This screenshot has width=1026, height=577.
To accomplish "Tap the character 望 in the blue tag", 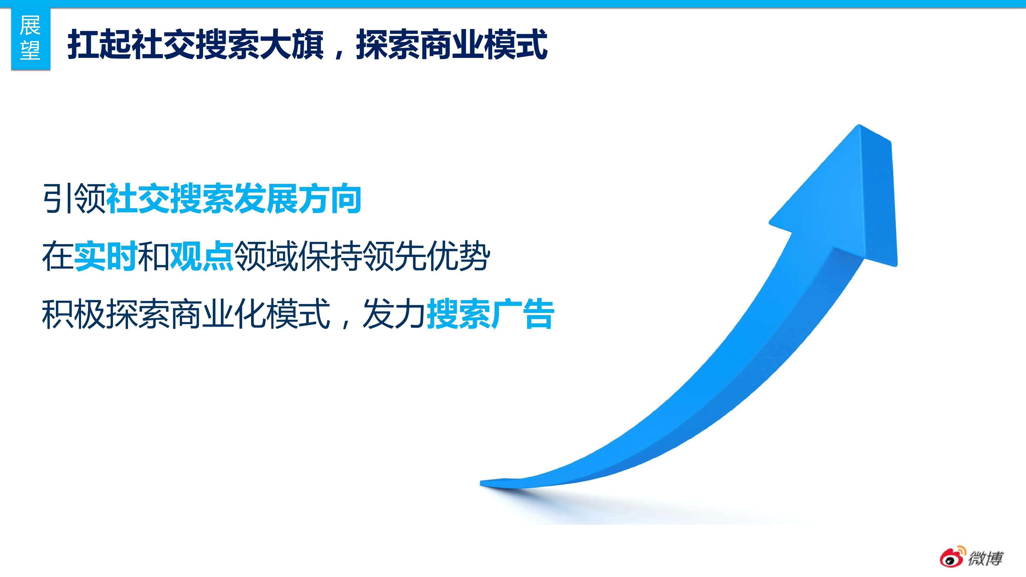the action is pos(30,50).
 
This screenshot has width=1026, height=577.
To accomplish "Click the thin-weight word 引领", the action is pos(74,198).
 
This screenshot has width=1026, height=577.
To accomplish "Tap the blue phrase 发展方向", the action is pos(298,198).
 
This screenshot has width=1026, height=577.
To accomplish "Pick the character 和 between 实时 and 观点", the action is pos(154,256).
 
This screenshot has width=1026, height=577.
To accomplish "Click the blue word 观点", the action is pos(202,256).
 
